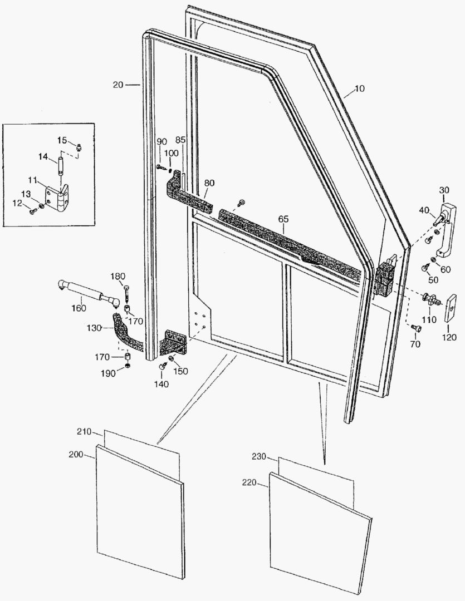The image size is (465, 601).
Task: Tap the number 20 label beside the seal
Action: pos(118,85)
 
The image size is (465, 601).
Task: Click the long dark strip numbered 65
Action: pos(290,242)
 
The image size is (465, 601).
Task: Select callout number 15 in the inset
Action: pos(61,140)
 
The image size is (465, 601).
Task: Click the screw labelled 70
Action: pos(415,329)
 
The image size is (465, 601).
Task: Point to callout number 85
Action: pos(180,139)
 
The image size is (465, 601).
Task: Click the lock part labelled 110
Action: pos(430,299)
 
